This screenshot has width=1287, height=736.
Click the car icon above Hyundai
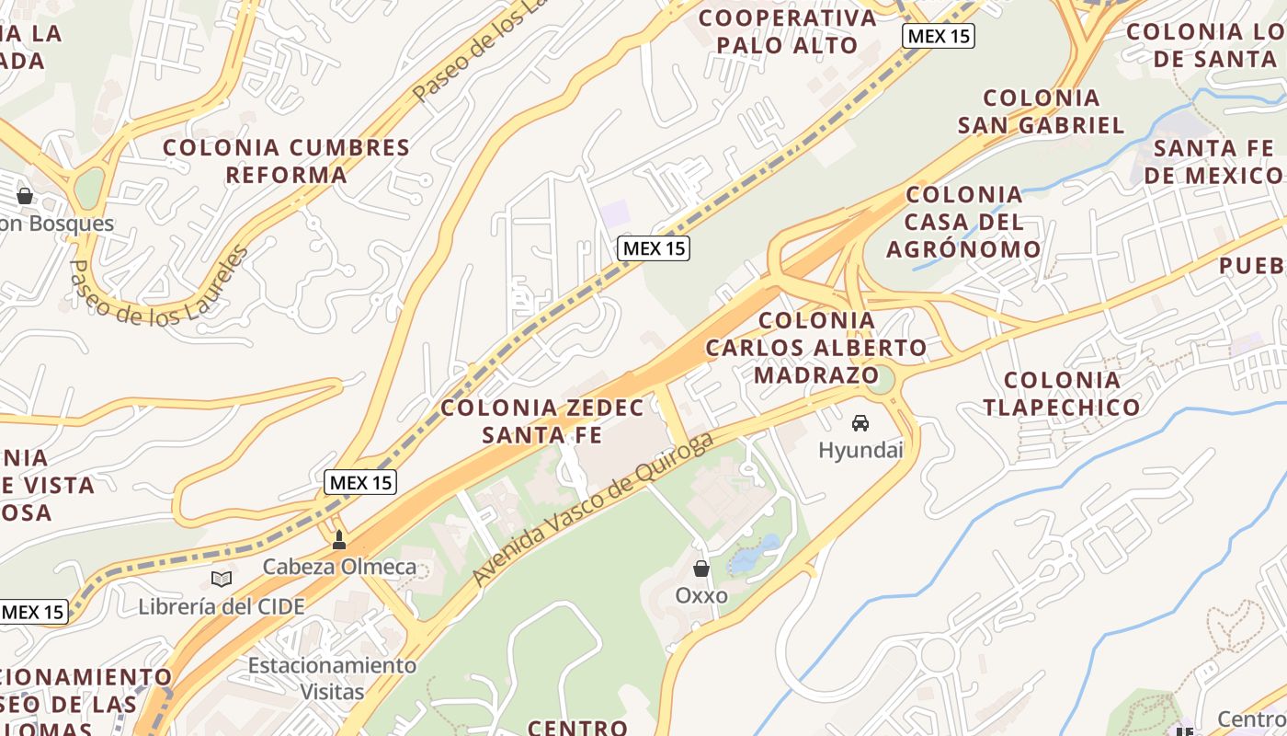(x=860, y=422)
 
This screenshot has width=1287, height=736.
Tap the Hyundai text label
(x=860, y=450)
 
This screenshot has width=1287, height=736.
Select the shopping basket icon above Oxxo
(x=701, y=569)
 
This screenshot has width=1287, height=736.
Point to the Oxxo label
(x=701, y=595)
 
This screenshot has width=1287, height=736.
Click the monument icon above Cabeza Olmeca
(x=339, y=540)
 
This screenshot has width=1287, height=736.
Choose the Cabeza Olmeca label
(x=339, y=567)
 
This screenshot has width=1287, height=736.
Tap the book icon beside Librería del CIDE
(x=221, y=579)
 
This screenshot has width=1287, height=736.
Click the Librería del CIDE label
(x=221, y=606)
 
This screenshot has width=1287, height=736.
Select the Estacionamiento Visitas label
(x=332, y=678)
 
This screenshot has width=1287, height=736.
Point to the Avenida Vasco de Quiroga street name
(x=593, y=508)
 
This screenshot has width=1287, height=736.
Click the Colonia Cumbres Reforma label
(x=287, y=161)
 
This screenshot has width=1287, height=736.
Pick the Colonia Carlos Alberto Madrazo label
(x=816, y=348)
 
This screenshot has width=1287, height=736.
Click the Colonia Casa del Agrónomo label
(x=963, y=222)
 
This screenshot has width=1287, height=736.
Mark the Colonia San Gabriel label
(x=1041, y=111)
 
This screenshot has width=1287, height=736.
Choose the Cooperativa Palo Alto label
(x=788, y=31)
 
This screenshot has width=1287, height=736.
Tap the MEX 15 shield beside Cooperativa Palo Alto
(x=938, y=36)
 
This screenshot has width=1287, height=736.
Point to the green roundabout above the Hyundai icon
(x=881, y=378)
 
